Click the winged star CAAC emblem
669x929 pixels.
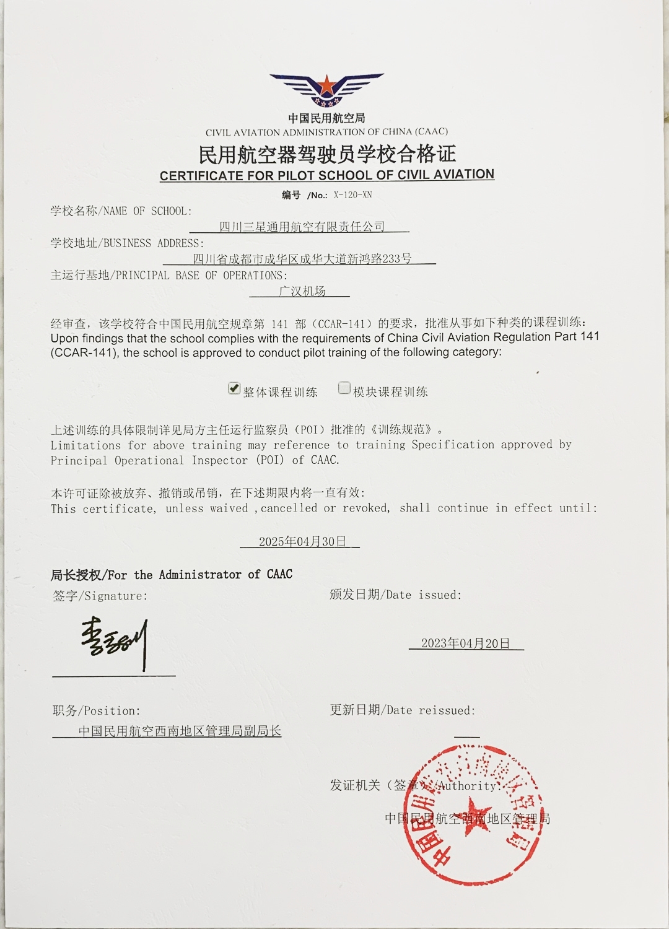click(x=326, y=90)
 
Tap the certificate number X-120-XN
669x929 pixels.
click(x=352, y=195)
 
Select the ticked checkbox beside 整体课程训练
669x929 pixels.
click(x=234, y=388)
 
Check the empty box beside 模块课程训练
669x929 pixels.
click(x=344, y=388)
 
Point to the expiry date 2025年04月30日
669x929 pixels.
click(x=302, y=542)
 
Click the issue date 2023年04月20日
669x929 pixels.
click(x=465, y=643)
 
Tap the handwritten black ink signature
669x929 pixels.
click(x=115, y=642)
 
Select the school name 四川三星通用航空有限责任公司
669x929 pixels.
click(x=302, y=227)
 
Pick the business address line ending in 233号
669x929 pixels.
click(x=302, y=259)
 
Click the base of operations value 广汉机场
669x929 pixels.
click(x=302, y=291)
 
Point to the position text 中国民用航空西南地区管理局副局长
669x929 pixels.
click(x=180, y=731)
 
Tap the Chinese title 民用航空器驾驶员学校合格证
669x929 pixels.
click(x=326, y=154)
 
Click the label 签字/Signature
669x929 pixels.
click(x=100, y=596)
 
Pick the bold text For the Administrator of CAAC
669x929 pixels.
click(x=199, y=575)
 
